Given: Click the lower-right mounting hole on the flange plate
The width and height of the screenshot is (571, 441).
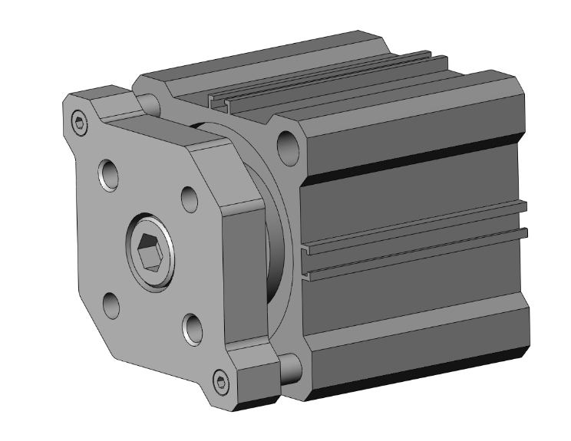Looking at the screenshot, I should coord(193,329).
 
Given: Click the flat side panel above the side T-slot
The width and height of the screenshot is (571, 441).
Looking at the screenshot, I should coord(414,192).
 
